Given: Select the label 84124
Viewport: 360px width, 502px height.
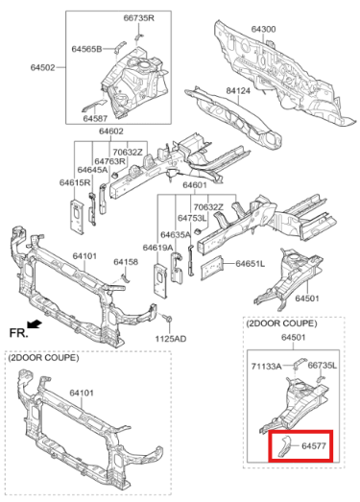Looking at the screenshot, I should (x=239, y=91).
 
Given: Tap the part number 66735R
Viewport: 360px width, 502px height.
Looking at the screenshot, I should (x=139, y=18).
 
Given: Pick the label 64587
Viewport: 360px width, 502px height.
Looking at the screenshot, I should (x=95, y=118).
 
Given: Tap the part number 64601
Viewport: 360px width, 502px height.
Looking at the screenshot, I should (x=195, y=184).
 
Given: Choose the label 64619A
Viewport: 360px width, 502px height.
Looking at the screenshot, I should (x=157, y=248).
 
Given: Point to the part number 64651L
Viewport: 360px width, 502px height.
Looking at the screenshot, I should (x=249, y=263).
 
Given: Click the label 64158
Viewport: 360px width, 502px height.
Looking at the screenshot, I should (x=126, y=261).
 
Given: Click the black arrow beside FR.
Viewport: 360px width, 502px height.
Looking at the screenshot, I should (x=36, y=324).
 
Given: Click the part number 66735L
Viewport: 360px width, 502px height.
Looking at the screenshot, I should (x=322, y=367).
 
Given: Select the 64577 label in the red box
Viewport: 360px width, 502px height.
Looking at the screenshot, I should (x=314, y=445).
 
